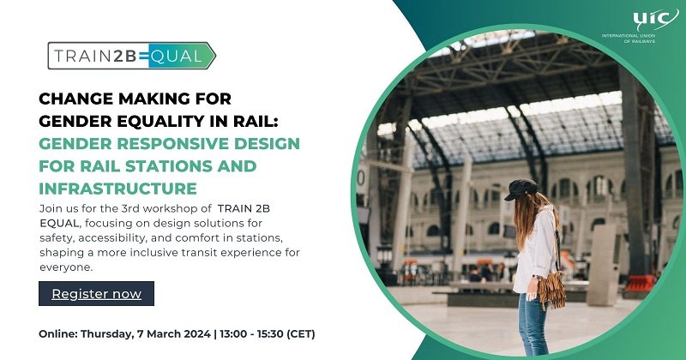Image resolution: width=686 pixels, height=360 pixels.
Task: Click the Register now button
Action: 96,294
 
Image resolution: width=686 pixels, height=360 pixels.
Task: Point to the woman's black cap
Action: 521,189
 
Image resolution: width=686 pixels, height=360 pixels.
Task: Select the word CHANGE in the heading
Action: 75,99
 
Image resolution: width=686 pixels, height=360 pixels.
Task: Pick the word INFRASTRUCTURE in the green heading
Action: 118,188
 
